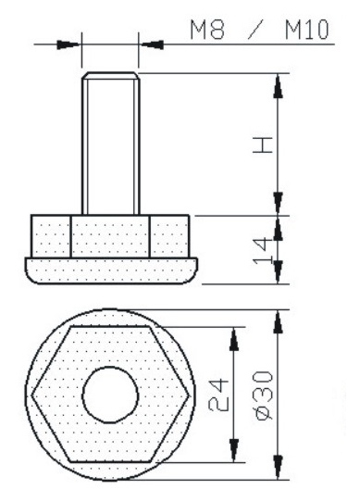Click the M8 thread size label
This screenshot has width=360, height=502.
pos(207,30)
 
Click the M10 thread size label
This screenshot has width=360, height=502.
pos(307,30)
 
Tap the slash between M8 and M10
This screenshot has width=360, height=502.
pos(255,30)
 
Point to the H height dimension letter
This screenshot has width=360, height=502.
pos(263,145)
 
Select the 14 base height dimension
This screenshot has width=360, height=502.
pos(263,251)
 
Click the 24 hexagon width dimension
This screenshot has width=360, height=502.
pos(218,395)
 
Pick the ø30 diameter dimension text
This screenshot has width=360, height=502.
pos(264,395)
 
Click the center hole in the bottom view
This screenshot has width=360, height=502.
pos(110,395)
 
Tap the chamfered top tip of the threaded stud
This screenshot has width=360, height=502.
pos(110,76)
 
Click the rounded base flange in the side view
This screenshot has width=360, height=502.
pos(111,270)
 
